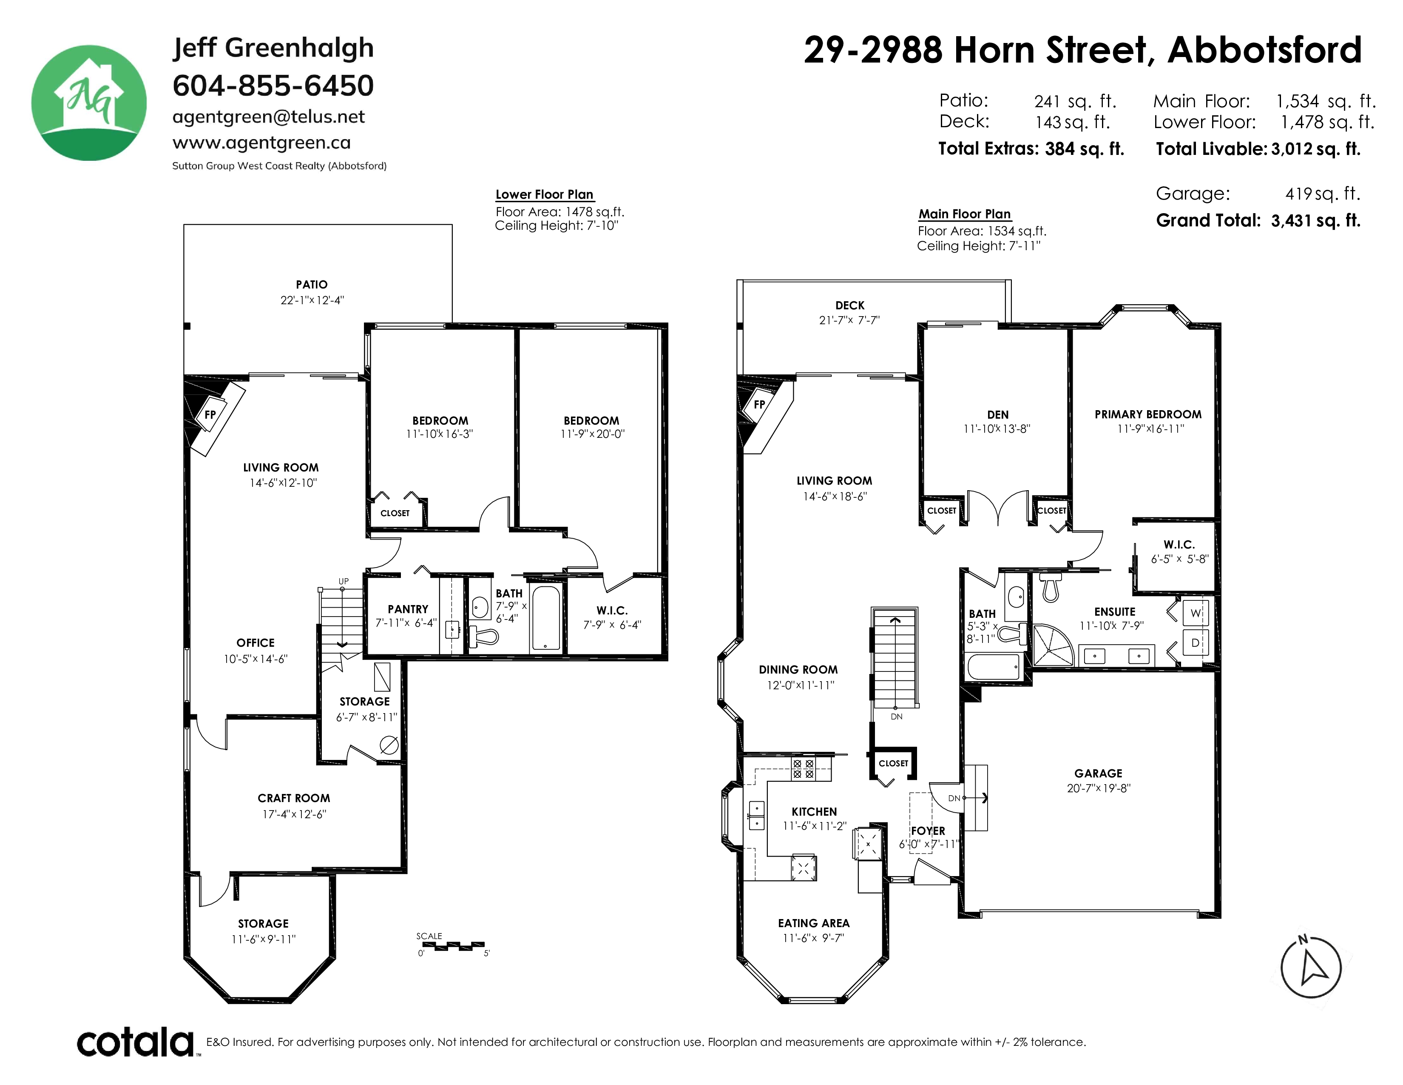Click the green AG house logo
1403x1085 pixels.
(89, 103)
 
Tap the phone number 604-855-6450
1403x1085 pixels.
(273, 86)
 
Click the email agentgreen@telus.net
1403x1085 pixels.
(269, 117)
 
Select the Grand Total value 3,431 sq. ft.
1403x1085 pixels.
(1316, 220)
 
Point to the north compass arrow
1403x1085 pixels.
(1310, 968)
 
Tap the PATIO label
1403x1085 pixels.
(312, 285)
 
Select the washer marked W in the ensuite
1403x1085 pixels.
(1196, 613)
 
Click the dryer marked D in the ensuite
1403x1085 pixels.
(1196, 642)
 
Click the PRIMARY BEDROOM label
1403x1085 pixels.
(1148, 414)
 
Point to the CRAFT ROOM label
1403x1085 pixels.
(294, 798)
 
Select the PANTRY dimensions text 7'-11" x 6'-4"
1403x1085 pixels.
(406, 623)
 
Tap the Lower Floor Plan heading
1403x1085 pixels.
(545, 194)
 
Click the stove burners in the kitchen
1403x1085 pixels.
(803, 769)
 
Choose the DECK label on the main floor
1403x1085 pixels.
(850, 306)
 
